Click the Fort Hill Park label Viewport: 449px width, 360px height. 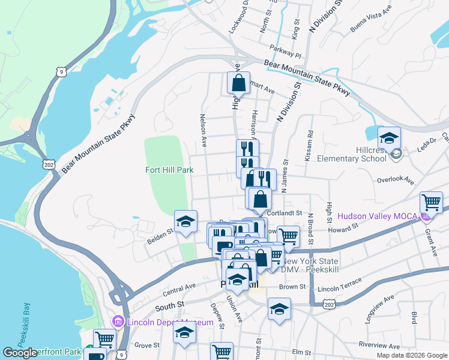(x=169, y=170)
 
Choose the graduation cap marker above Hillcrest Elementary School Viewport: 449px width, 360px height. (x=389, y=139)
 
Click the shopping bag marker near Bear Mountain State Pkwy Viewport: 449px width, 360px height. (x=238, y=83)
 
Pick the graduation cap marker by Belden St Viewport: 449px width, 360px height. (x=185, y=221)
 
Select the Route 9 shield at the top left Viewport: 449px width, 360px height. (x=59, y=72)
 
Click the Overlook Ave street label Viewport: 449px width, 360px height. (x=396, y=179)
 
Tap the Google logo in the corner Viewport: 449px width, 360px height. (x=20, y=353)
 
